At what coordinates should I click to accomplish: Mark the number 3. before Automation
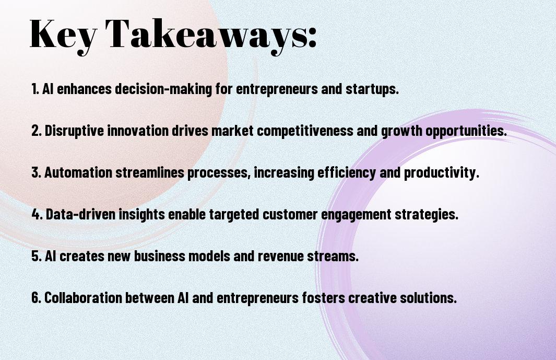37,172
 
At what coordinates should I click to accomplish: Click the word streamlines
150,172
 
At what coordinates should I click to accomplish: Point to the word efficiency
347,173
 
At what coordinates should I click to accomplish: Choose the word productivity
442,173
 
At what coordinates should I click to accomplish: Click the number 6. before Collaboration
37,298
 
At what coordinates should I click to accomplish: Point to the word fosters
323,298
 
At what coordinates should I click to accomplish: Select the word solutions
428,298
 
